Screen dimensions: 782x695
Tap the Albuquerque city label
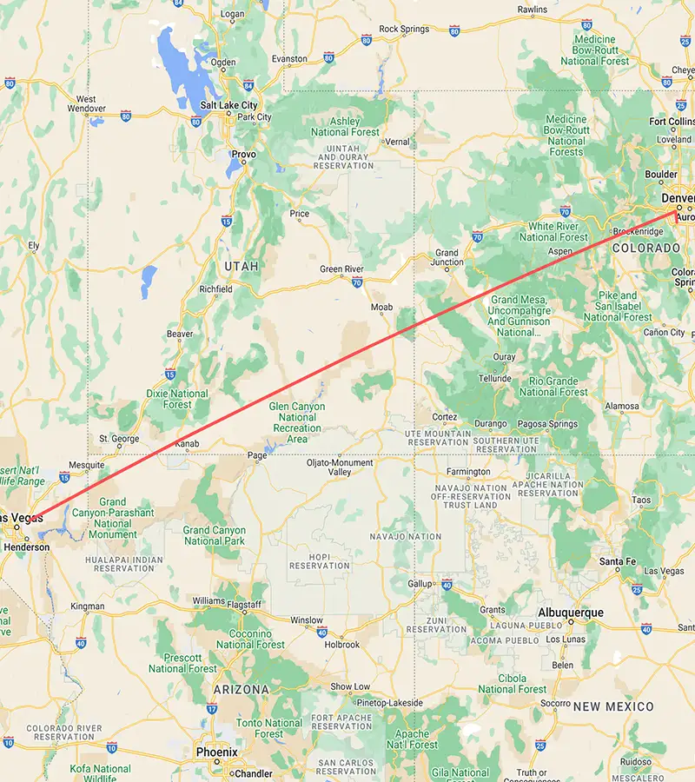pyautogui.click(x=570, y=613)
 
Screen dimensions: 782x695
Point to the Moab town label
pyautogui.click(x=381, y=308)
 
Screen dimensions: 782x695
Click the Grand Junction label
pyautogui.click(x=448, y=257)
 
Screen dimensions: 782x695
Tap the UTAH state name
pyautogui.click(x=242, y=266)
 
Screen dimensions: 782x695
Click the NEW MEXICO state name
pyautogui.click(x=612, y=706)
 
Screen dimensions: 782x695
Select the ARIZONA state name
pyautogui.click(x=241, y=689)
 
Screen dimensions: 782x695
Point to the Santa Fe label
pyautogui.click(x=618, y=562)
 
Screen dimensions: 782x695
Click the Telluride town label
pyautogui.click(x=494, y=379)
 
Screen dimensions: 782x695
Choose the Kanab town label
pyautogui.click(x=187, y=444)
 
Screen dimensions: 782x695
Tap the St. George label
pyautogui.click(x=119, y=438)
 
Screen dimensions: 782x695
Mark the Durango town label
pyautogui.click(x=491, y=424)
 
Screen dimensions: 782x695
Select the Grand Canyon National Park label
pyautogui.click(x=214, y=535)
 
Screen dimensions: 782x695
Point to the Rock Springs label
pyautogui.click(x=404, y=29)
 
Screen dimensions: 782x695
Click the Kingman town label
pyautogui.click(x=87, y=606)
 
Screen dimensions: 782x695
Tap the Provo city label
pyautogui.click(x=243, y=154)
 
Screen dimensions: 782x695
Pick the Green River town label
pyautogui.click(x=341, y=269)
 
